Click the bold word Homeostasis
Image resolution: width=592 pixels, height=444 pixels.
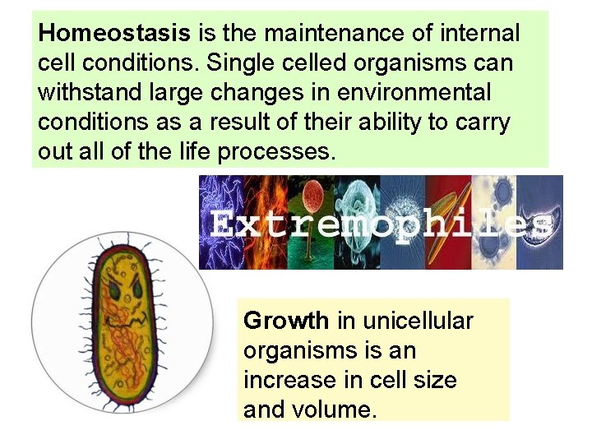click(x=114, y=34)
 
